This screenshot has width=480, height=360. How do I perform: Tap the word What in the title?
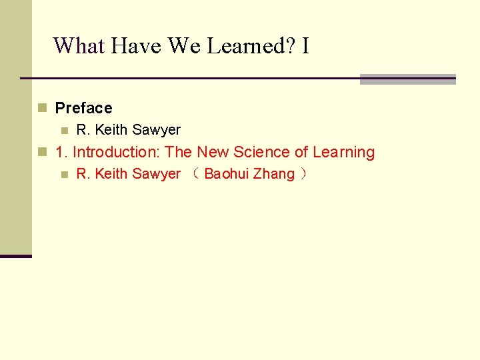pos(79,45)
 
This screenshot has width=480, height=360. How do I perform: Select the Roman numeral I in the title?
pos(305,45)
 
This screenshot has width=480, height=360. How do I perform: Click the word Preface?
pos(83,108)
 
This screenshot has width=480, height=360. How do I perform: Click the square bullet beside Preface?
pos(42,108)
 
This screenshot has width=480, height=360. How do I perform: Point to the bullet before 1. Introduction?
pos(42,152)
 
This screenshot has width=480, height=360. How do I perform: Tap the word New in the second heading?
pos(213,152)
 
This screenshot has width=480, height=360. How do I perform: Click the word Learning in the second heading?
pos(343,152)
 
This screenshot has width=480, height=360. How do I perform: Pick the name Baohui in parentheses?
pos(226,174)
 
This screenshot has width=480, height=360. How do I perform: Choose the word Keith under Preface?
pos(111,130)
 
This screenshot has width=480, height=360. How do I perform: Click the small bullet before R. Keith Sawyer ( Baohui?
pos(64,175)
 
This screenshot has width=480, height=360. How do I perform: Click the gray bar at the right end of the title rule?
pos(407,79)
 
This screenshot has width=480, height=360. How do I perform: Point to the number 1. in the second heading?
pos(61,152)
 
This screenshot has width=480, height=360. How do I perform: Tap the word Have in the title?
pos(137,45)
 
